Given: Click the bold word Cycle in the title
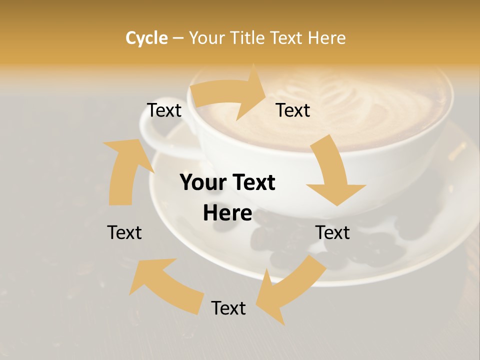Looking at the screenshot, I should [x=146, y=38].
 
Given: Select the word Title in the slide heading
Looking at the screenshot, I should [x=249, y=38].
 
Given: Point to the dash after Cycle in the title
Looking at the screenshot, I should [x=178, y=38].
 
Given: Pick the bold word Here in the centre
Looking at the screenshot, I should [x=227, y=213].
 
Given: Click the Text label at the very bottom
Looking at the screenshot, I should [x=228, y=308].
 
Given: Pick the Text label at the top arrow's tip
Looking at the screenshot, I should [x=293, y=110].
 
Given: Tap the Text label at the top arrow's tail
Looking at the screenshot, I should [x=164, y=110].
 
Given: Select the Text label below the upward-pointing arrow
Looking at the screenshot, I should [x=124, y=232].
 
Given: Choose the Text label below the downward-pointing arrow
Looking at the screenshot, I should [x=332, y=232].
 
